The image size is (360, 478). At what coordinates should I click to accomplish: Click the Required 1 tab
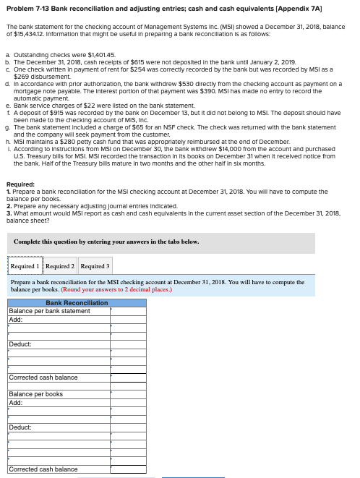click(x=25, y=267)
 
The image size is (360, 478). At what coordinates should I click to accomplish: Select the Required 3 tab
click(x=94, y=267)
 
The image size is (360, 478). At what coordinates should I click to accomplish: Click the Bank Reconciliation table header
click(x=77, y=303)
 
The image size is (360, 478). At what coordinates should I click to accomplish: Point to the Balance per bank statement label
click(x=49, y=311)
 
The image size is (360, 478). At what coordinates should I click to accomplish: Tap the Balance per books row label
click(x=35, y=394)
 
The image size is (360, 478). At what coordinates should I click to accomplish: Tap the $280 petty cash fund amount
click(x=67, y=142)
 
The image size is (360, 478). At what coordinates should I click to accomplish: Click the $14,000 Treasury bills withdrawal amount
click(x=247, y=148)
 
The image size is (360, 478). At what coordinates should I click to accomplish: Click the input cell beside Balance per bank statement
click(x=128, y=311)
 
